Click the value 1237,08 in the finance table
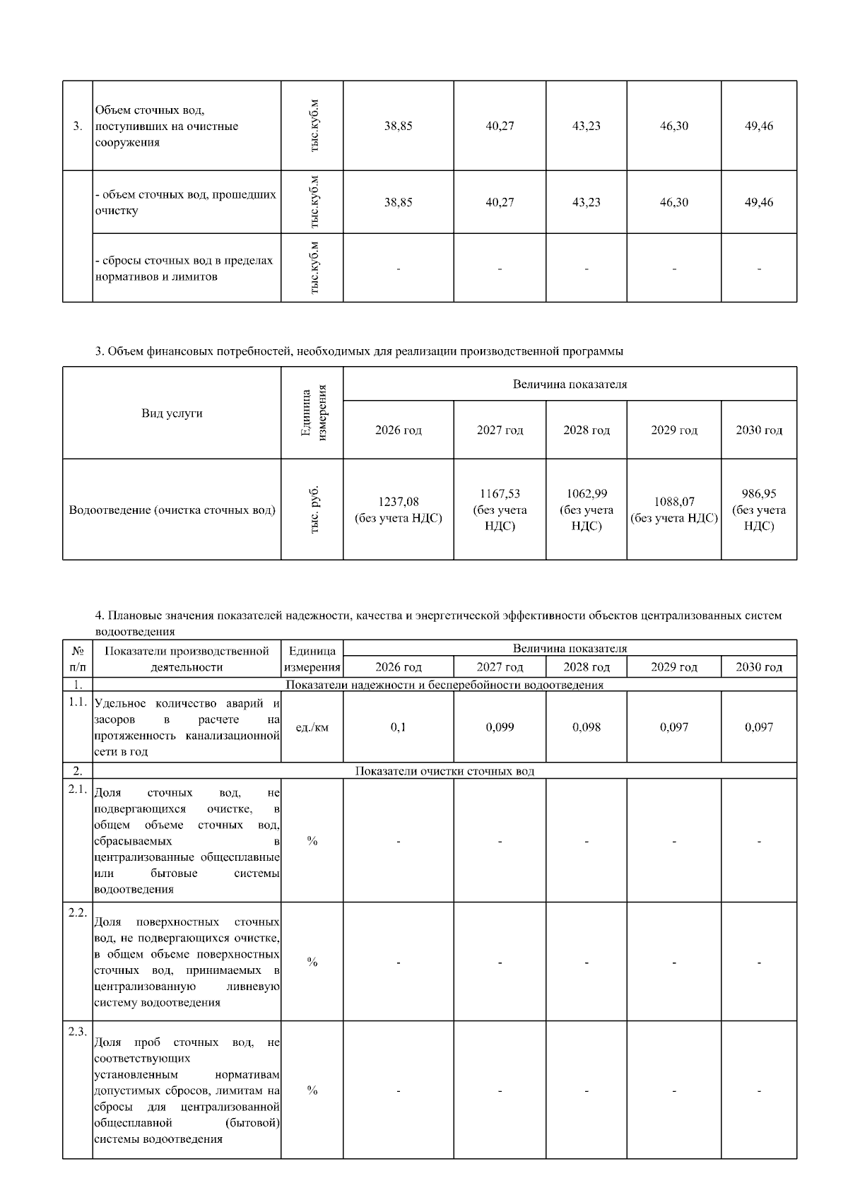point(398,502)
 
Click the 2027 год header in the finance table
point(500,430)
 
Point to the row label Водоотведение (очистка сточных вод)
point(172,510)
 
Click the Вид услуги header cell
point(172,413)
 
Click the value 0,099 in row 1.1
point(500,727)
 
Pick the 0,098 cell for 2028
point(587,727)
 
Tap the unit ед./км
point(312,727)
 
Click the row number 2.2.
point(78,912)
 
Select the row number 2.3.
point(78,1032)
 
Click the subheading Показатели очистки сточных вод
point(444,771)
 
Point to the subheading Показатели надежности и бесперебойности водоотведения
point(444,685)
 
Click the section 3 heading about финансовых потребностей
point(359,351)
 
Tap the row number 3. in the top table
point(78,127)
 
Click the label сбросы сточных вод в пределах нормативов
point(184,269)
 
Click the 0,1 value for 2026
point(398,727)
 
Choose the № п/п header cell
point(78,659)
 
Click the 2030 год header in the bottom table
point(759,667)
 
